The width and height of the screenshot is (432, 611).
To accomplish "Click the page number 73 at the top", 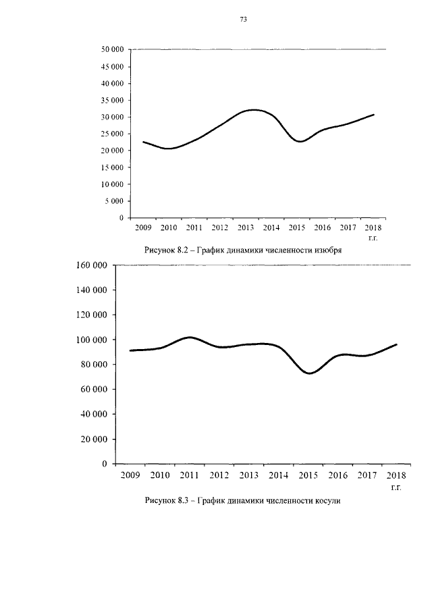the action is click(x=244, y=20).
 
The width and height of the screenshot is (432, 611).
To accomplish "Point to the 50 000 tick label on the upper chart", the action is click(x=112, y=49).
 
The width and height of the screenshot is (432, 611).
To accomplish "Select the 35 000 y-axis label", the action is click(x=112, y=100).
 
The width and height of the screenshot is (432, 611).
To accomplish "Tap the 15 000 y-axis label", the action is click(x=112, y=167).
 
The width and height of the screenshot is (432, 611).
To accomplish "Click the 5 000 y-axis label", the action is click(x=115, y=201).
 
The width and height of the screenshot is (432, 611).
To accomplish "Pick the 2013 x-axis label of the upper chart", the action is click(x=246, y=228).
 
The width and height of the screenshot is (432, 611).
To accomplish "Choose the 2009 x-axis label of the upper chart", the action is click(x=143, y=228).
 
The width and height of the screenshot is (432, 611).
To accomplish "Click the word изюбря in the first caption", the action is click(x=327, y=250).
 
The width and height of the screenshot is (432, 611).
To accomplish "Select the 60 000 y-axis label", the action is click(x=94, y=390).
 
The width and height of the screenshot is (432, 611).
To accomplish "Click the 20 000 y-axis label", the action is click(x=94, y=439).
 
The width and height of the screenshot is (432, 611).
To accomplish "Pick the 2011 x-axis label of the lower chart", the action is click(x=189, y=475).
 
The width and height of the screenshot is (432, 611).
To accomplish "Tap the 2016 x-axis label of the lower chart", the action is click(x=337, y=475).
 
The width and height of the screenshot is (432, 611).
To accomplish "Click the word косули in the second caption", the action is click(x=327, y=501).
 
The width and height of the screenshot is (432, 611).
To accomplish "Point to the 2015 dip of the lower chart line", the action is click(x=309, y=373).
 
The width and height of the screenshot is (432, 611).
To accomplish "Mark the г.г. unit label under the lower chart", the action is click(x=396, y=487).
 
